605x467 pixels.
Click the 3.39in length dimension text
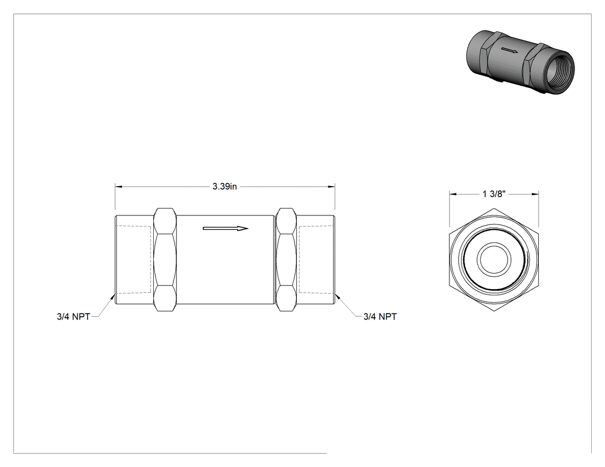225,187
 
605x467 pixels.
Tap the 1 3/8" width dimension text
494,194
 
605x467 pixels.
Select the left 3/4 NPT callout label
73,317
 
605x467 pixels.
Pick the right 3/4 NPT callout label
380,317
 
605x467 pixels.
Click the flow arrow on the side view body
225,229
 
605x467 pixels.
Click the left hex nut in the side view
165,260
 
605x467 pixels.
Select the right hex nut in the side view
286,260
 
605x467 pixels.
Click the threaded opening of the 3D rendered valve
558,72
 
